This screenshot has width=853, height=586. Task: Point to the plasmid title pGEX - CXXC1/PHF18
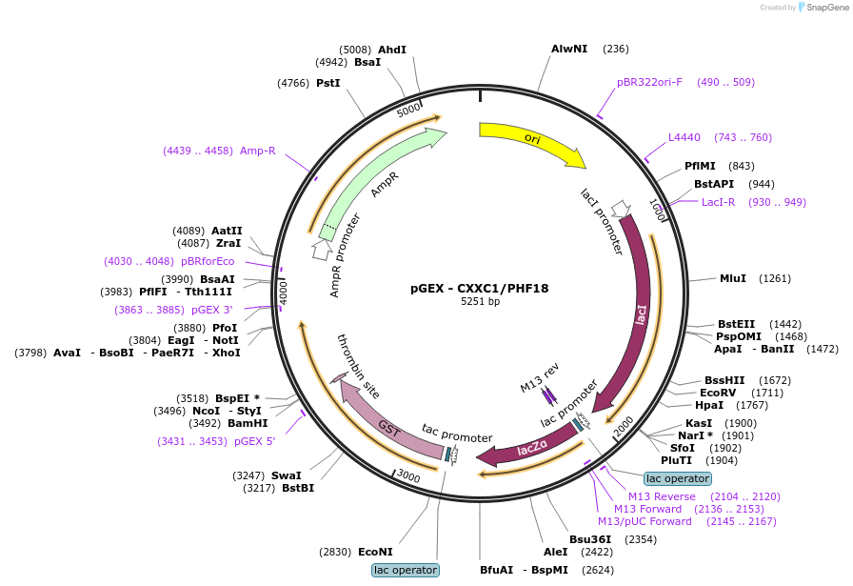479,289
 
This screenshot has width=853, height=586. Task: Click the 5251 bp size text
480,301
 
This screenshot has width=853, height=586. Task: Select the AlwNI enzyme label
569,49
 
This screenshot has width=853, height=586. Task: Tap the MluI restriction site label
733,279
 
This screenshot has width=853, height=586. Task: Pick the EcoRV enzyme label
718,394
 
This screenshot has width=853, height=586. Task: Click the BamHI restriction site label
248,424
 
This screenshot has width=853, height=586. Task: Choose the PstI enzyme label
328,83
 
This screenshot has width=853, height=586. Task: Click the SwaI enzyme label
287,476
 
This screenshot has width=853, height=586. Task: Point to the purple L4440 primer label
684,138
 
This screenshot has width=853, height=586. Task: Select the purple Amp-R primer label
258,151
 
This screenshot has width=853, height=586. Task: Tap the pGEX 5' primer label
254,442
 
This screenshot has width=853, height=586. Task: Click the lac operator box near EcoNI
406,570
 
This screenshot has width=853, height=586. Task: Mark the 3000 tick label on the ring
408,476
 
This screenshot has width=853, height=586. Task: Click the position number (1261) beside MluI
775,279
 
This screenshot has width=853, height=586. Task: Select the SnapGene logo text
827,8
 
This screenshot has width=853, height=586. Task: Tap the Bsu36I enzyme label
590,539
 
